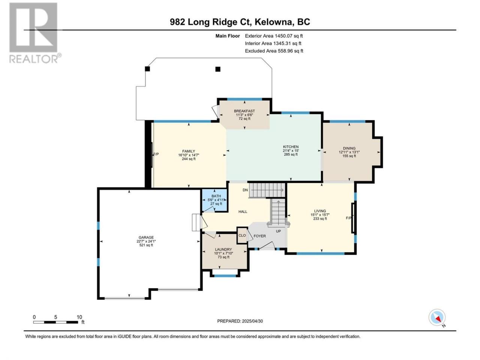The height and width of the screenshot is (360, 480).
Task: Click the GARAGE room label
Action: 146,237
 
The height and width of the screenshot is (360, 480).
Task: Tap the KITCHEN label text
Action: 291,147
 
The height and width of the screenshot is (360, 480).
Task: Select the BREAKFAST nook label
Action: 244,111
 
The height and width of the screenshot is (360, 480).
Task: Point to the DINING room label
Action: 349,148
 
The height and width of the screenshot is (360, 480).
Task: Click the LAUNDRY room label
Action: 223,249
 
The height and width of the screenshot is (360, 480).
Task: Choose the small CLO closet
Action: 242,235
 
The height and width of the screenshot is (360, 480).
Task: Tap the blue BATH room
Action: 214,200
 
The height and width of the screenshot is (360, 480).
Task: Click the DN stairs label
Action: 245,190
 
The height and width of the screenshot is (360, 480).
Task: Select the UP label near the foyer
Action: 278,231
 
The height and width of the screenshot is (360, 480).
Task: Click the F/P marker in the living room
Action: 348,218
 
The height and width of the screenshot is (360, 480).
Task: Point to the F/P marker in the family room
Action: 156,154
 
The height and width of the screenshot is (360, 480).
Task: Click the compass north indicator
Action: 437,318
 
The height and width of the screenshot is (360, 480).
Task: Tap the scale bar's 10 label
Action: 79,317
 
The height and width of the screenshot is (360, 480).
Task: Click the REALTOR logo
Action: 35,33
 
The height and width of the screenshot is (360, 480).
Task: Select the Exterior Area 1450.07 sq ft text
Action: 274,36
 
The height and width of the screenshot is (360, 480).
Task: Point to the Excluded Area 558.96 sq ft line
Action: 274,51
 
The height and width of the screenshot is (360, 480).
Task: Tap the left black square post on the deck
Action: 147,69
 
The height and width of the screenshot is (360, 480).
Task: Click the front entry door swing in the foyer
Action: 267,246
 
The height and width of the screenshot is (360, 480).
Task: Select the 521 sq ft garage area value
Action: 146,245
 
